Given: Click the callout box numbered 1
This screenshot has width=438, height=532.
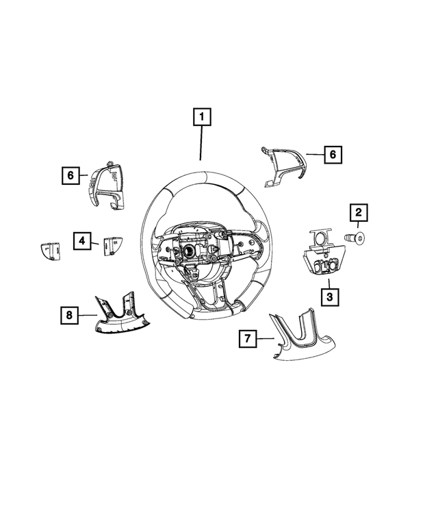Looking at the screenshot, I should pos(201,118).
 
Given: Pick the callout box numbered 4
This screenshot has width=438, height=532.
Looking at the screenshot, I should pos(81,240).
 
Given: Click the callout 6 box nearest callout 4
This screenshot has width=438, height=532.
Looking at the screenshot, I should pos(70,176).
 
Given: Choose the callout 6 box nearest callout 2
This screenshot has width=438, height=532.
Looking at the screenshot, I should pos(332,155).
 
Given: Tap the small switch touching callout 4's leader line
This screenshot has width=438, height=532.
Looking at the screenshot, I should pos(110,245).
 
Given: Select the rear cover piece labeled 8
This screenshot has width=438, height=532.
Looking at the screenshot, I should pos(120,318).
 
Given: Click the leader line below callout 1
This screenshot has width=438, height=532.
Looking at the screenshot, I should pos(201,144).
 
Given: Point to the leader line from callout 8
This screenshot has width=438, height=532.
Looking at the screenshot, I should pos(85,315).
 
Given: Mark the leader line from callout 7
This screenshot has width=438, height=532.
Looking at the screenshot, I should pos(267,338).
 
